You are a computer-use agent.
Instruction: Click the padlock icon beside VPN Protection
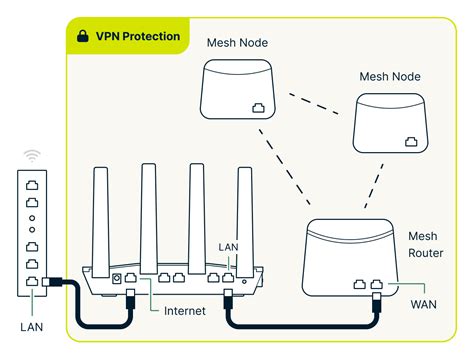point(82,37)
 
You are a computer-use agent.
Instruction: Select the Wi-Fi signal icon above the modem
point(32,156)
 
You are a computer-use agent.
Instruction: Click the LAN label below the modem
point(32,325)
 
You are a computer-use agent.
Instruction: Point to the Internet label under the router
point(185,311)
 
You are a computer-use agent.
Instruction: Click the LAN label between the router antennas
point(228,246)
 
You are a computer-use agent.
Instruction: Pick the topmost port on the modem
point(32,185)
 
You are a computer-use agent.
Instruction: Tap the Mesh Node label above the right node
point(390,76)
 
